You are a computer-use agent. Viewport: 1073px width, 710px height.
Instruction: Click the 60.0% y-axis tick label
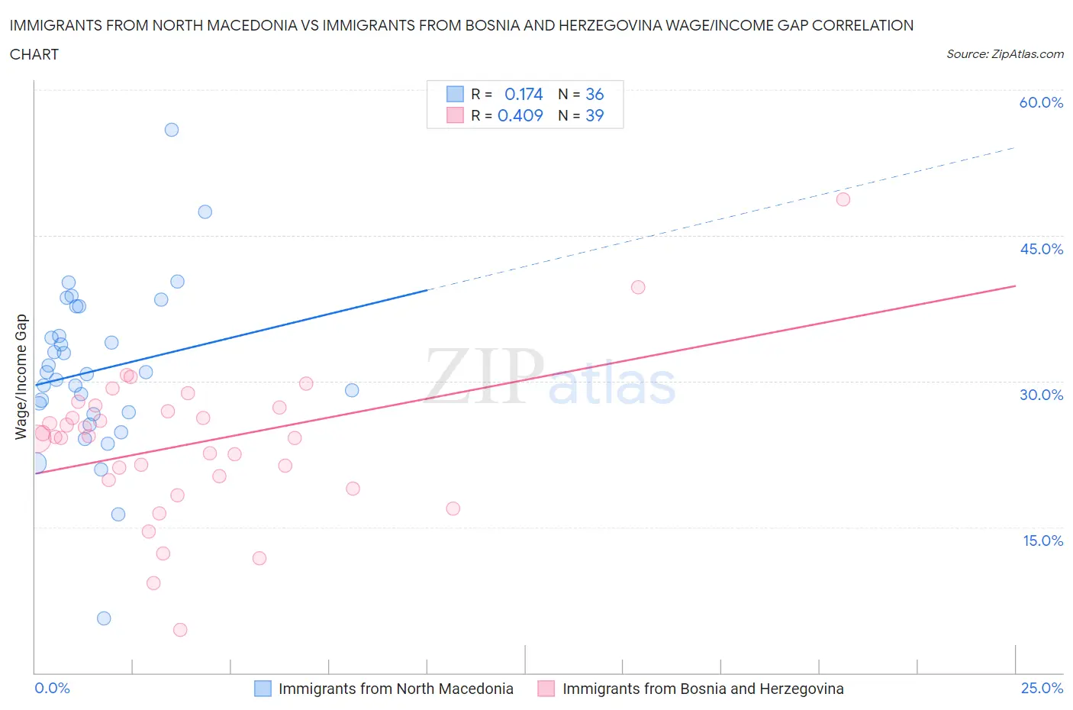(x=1041, y=102)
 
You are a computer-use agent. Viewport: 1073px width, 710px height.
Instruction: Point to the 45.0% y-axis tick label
(x=1041, y=249)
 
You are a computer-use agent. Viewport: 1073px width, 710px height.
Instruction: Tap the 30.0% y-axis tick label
(x=1041, y=395)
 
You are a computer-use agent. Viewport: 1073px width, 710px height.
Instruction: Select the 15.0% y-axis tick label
(x=1042, y=541)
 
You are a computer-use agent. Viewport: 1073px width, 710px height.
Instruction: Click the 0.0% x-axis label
(x=52, y=688)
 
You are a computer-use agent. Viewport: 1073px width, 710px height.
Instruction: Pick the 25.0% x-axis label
(x=1042, y=688)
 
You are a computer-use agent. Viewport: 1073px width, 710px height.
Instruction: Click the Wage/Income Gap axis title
(x=21, y=377)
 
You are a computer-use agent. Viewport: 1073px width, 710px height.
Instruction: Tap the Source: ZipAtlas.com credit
(x=1004, y=53)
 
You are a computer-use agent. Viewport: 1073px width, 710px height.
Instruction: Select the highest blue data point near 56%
(x=172, y=130)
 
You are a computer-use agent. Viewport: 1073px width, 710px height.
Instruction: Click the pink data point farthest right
(x=843, y=199)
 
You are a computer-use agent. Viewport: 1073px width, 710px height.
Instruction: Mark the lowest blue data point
(x=104, y=618)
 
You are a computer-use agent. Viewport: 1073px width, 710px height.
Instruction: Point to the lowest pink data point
(x=180, y=630)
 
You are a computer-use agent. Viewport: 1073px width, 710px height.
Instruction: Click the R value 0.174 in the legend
(x=524, y=94)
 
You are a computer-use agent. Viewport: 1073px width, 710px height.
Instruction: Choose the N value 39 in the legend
(x=594, y=115)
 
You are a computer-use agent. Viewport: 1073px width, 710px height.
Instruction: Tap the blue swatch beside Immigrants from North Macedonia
(x=263, y=689)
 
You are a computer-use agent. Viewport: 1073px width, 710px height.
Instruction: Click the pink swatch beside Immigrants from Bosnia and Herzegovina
(x=546, y=689)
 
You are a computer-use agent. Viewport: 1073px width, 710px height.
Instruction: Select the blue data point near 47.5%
(x=205, y=211)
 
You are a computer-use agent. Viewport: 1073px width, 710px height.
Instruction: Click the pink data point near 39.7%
(x=638, y=287)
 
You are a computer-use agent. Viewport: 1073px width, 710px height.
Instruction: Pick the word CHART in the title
(x=34, y=54)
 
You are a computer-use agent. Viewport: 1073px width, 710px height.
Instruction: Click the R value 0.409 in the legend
(x=520, y=115)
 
